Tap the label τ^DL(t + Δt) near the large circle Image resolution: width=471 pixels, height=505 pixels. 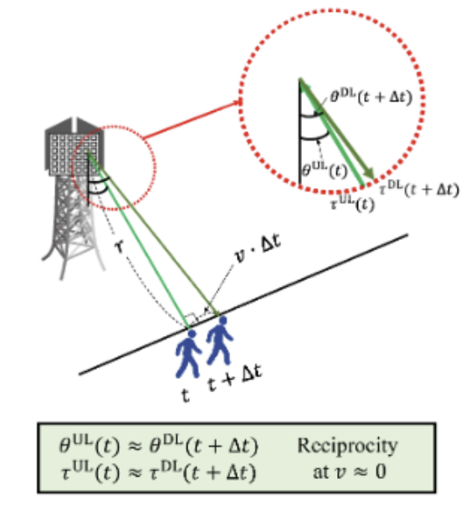[418, 190]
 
